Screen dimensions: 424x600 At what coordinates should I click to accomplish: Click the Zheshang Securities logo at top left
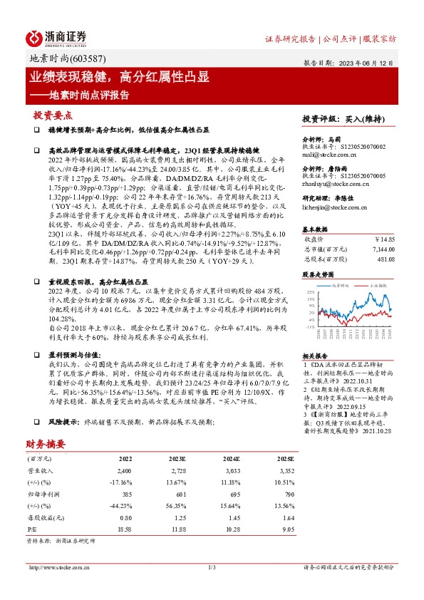point(57,38)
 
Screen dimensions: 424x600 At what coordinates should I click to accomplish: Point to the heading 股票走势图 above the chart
point(318,274)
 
